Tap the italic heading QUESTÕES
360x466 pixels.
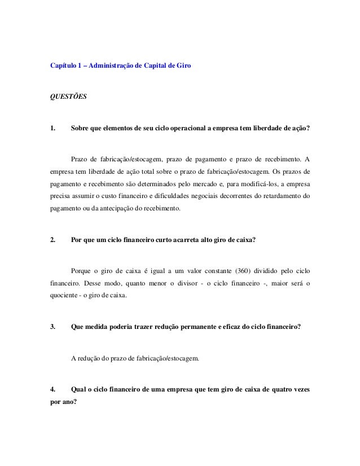point(68,96)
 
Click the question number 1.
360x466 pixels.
point(53,128)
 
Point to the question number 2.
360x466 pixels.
point(53,240)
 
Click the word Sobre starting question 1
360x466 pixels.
point(79,128)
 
